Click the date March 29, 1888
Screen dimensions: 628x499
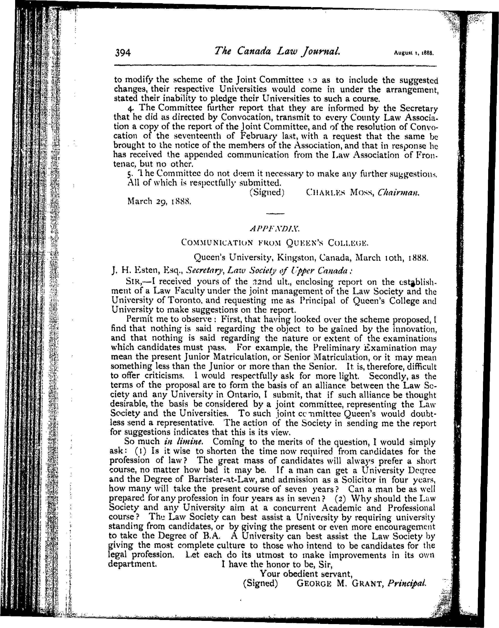point(159,201)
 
